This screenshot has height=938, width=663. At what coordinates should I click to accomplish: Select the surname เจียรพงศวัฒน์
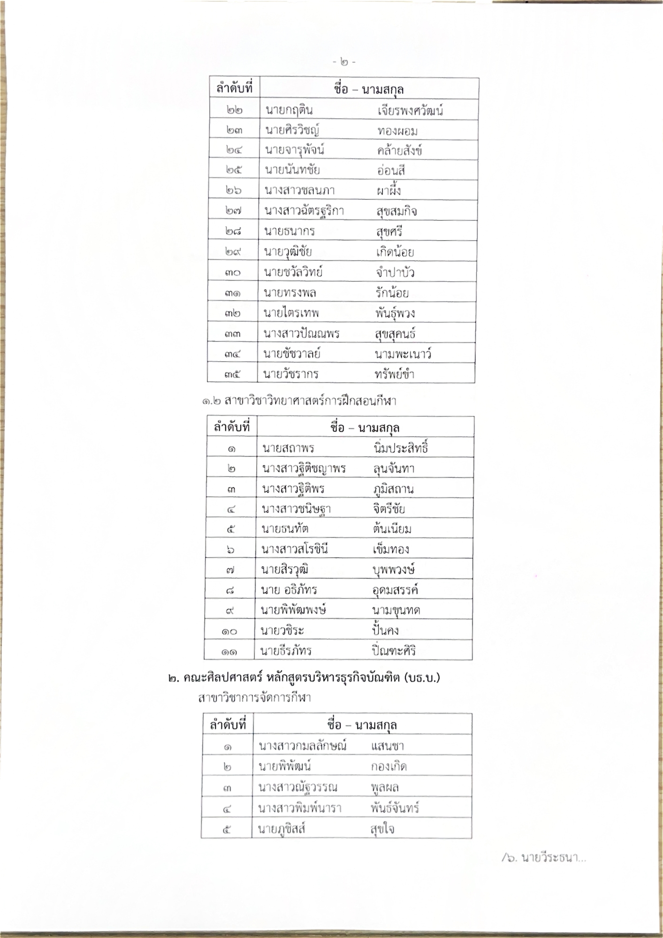point(410,111)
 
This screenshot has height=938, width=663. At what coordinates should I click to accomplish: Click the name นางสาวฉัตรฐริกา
point(304,211)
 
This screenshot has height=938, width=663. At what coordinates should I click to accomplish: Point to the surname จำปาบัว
point(395,272)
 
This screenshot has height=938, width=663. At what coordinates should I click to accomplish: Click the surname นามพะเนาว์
point(403,354)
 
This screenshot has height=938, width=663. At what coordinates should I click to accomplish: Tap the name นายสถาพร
point(288,449)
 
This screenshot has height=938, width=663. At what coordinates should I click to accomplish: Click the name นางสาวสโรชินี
point(295,549)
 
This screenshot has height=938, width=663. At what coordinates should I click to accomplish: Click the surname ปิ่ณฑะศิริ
point(393,651)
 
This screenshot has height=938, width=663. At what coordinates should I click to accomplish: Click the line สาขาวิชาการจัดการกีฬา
point(254,698)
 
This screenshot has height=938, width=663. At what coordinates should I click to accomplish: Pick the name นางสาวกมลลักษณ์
point(302,746)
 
